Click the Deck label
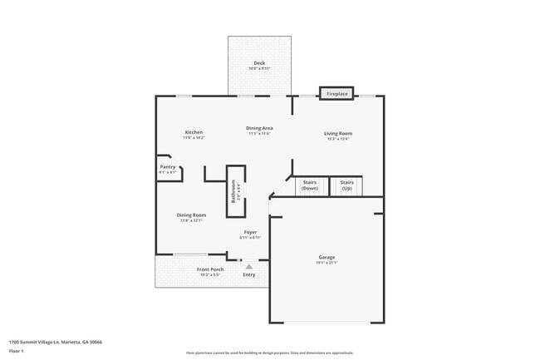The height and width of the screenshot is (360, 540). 259,63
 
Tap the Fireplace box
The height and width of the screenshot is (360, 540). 336,93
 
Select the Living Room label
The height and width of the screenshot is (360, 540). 338,133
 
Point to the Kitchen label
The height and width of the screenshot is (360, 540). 194,132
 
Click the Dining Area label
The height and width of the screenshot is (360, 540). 260,128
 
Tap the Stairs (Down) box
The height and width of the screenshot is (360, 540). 310,185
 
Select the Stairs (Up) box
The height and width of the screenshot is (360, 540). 346,185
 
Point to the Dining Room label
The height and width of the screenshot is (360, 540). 191,215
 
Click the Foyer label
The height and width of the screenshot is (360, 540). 250,232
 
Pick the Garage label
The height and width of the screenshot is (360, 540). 326,257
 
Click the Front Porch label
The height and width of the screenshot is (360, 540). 209,269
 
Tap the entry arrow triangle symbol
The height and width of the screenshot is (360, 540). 248,266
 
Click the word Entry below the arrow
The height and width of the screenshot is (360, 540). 249,274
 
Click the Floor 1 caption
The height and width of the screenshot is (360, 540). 16,351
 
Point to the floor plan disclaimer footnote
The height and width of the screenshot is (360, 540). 270,353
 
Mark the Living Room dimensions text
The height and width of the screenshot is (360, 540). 338,138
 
